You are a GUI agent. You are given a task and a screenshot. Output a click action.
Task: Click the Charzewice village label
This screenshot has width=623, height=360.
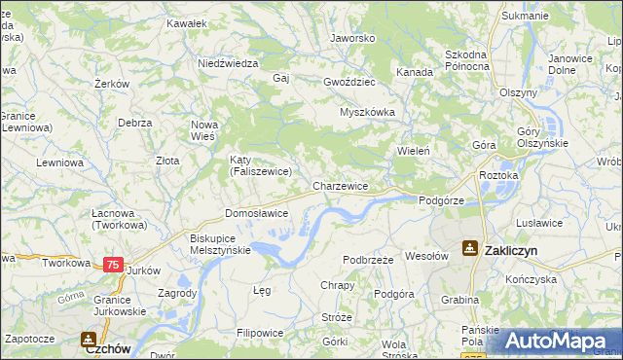tap(340, 186)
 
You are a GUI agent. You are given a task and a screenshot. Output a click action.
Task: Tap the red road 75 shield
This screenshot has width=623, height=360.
tap(114, 265)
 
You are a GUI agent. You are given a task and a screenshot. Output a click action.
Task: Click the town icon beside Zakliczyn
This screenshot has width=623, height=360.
tap(470, 249)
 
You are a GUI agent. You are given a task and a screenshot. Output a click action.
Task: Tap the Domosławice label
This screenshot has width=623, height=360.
tap(256, 213)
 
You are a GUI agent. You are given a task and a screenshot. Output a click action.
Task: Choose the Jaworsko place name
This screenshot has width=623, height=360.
tap(352, 39)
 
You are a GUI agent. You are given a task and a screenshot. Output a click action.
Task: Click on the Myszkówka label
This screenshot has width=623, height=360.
tap(367, 112)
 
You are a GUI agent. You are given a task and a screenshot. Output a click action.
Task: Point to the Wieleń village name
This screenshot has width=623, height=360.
tap(414, 151)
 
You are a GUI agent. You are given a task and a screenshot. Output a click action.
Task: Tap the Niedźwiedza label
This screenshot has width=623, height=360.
tap(227, 63)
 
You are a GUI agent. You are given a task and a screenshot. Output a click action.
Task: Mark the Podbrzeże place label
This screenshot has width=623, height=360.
tap(368, 260)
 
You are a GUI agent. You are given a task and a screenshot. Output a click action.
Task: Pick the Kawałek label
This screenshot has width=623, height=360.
tap(187, 22)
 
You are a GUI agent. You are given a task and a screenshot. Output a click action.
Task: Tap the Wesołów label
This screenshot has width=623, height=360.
tap(425, 257)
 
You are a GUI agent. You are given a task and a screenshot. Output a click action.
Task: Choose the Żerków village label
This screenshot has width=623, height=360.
tap(112, 85)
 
